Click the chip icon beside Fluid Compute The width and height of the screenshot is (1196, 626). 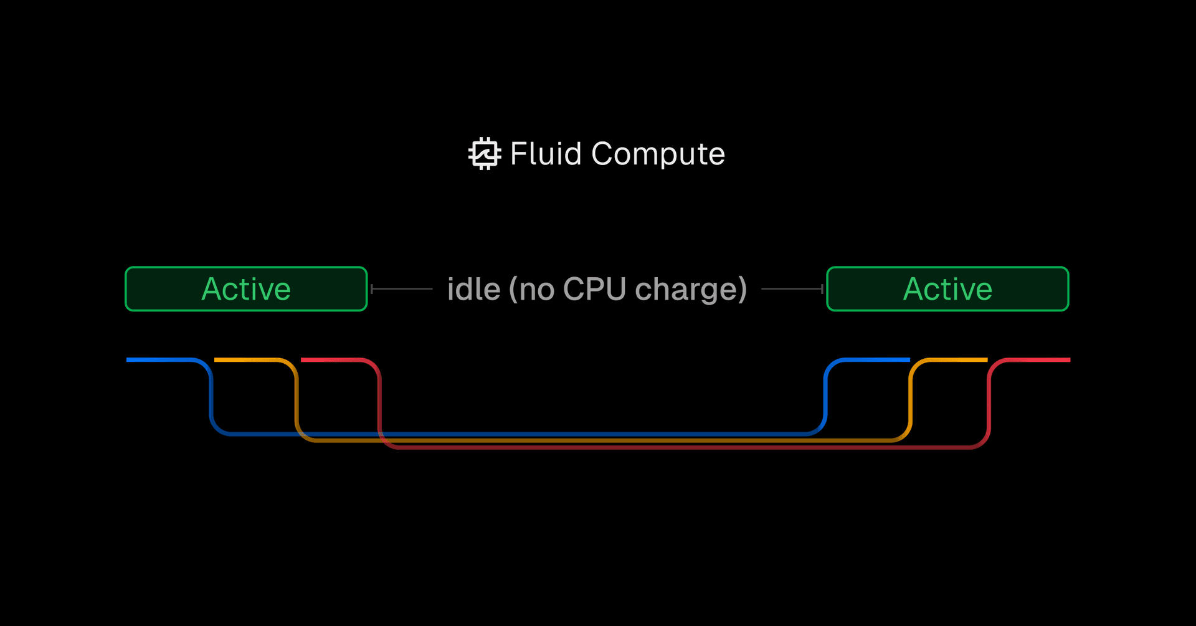pos(485,153)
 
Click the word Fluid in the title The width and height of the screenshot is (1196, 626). pos(546,154)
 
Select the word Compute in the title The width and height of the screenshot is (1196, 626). pos(658,154)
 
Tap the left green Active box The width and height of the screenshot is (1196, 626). pos(246,289)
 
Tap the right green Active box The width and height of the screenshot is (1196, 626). pos(947,289)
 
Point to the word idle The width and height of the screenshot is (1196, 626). pos(473,290)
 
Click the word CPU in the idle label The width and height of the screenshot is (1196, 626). pos(594,290)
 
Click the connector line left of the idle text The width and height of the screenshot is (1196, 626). pos(402,289)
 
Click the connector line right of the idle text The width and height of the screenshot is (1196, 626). pos(792,289)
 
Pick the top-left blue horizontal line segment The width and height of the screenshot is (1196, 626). pos(159,359)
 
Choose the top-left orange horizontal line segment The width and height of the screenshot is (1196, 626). pos(246,359)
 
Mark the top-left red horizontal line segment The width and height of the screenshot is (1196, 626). pos(330,359)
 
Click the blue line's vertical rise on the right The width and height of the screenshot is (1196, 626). pos(825,399)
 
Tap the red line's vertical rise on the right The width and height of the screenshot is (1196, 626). pos(989,405)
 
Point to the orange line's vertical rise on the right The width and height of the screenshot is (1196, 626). pos(911,402)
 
